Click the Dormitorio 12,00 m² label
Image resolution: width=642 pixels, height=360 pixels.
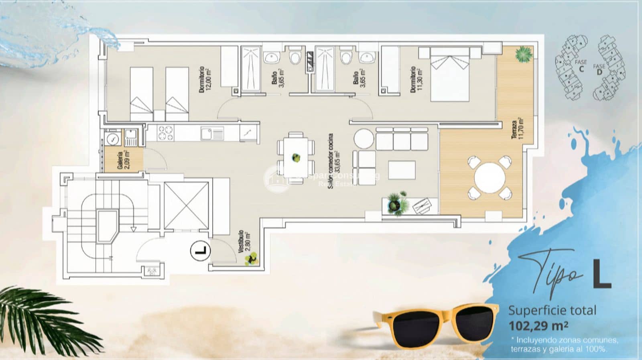tap(205, 79)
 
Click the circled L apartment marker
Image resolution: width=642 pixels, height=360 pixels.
tap(200, 251)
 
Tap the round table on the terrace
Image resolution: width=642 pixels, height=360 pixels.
tap(490, 177)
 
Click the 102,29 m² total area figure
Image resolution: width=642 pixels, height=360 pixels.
tap(538, 325)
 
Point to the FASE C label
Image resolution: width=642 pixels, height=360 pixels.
tap(581, 65)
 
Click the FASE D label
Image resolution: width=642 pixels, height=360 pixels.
tap(599, 69)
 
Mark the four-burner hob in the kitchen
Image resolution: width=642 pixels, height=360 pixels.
tap(165, 133)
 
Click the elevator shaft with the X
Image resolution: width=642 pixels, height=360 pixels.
tap(186, 206)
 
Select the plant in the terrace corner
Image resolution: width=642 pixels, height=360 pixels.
tap(523, 55)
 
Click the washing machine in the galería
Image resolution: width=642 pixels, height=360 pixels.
tap(113, 139)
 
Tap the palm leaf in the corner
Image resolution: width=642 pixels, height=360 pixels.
tap(36, 317)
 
